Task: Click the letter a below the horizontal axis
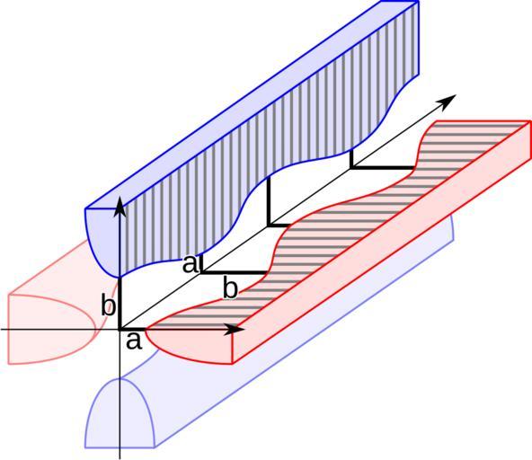tap(134, 341)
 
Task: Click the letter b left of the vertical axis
tap(109, 306)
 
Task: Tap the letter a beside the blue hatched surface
tap(190, 264)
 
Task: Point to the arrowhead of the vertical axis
tap(120, 207)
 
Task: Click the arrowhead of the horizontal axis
tap(235, 329)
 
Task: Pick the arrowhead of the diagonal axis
tap(448, 101)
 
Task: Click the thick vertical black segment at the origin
tap(120, 304)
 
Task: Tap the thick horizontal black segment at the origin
tap(133, 329)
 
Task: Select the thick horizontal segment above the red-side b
tap(234, 272)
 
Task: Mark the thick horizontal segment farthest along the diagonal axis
tap(383, 168)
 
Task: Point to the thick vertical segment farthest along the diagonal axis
tap(352, 158)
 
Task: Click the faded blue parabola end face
tap(120, 413)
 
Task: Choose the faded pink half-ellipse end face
tap(51, 329)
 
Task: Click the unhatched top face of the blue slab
tap(251, 102)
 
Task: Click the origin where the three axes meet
tap(120, 329)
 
